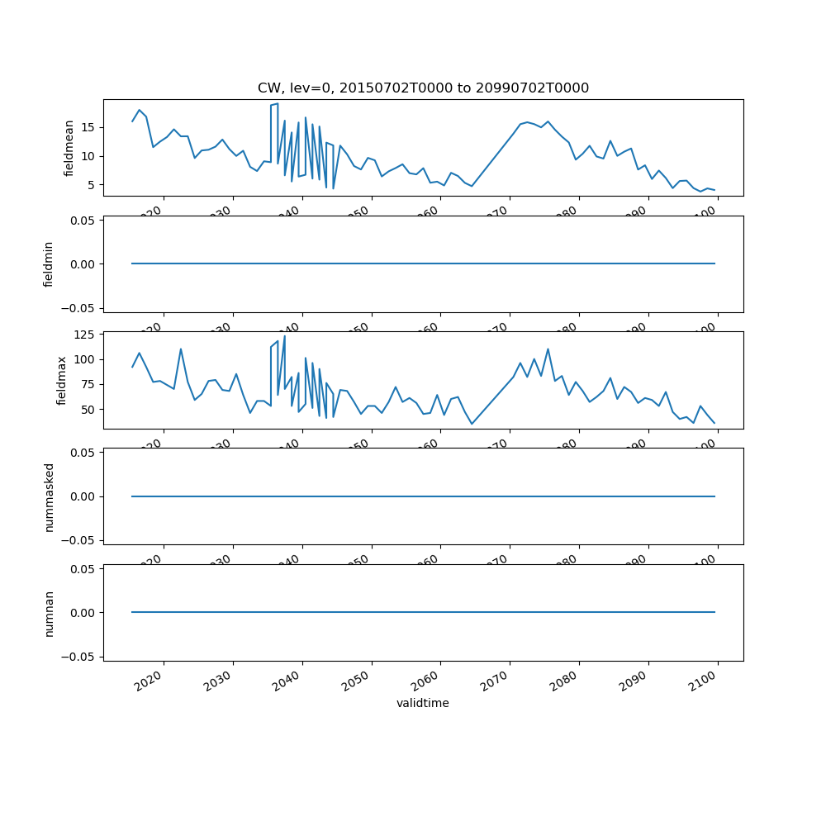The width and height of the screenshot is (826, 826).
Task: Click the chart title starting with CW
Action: tap(423, 88)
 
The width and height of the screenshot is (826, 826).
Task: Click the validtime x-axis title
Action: tap(423, 703)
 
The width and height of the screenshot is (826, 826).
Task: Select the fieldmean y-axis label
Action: tap(69, 148)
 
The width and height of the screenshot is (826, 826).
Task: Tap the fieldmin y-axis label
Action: tap(49, 263)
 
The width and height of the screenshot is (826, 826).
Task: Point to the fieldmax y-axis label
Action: tap(61, 380)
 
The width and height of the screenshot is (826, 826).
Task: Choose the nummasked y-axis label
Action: tap(49, 496)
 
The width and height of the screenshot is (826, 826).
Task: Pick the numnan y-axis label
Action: tap(49, 613)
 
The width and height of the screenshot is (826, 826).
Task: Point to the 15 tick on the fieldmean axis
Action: tap(88, 127)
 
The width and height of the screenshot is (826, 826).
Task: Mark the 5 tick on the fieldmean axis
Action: tap(92, 185)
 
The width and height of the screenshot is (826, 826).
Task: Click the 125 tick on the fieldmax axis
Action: tap(85, 335)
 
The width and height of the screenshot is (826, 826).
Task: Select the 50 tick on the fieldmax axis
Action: tap(88, 410)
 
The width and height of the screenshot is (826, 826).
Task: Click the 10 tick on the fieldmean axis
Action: tap(88, 156)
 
